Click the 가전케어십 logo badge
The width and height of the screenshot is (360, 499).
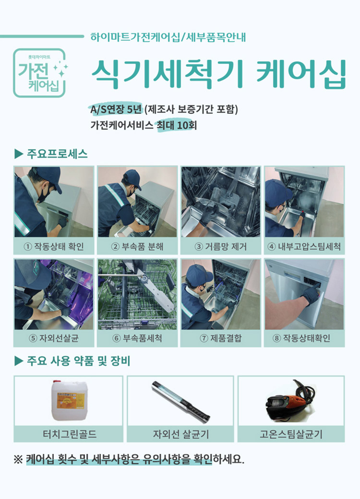[39, 73]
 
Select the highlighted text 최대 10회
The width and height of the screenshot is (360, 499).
[177, 125]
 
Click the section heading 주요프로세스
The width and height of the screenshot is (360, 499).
[57, 154]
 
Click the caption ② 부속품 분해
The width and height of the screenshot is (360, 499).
[137, 247]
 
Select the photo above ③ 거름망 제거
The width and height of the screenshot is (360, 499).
[220, 202]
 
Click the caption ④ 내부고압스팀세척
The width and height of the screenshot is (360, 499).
[304, 247]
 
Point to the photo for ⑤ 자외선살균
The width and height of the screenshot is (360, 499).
[54, 294]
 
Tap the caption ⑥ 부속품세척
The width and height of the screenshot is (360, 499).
[137, 338]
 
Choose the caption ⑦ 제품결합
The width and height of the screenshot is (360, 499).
[220, 338]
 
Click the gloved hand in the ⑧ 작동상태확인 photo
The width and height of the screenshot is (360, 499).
[311, 294]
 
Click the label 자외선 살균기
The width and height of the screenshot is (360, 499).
[180, 434]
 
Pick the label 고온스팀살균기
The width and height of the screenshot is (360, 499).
[291, 434]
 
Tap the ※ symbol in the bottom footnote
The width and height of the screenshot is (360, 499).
[18, 459]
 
